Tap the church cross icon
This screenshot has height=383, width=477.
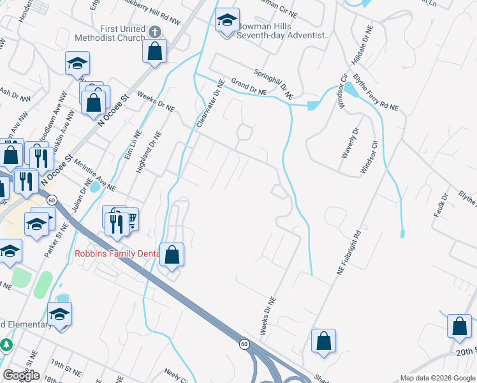[x=154, y=31]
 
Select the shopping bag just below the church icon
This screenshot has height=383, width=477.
[x=154, y=50]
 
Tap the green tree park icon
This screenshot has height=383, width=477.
[x=6, y=345]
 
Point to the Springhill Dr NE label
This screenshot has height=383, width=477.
[x=273, y=84]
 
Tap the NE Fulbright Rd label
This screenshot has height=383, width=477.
[x=349, y=253]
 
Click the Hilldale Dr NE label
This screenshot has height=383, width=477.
[x=362, y=46]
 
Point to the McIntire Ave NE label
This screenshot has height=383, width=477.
[x=93, y=178]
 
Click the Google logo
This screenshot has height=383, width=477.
[x=21, y=375]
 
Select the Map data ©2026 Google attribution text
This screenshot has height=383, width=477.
[x=437, y=378]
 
